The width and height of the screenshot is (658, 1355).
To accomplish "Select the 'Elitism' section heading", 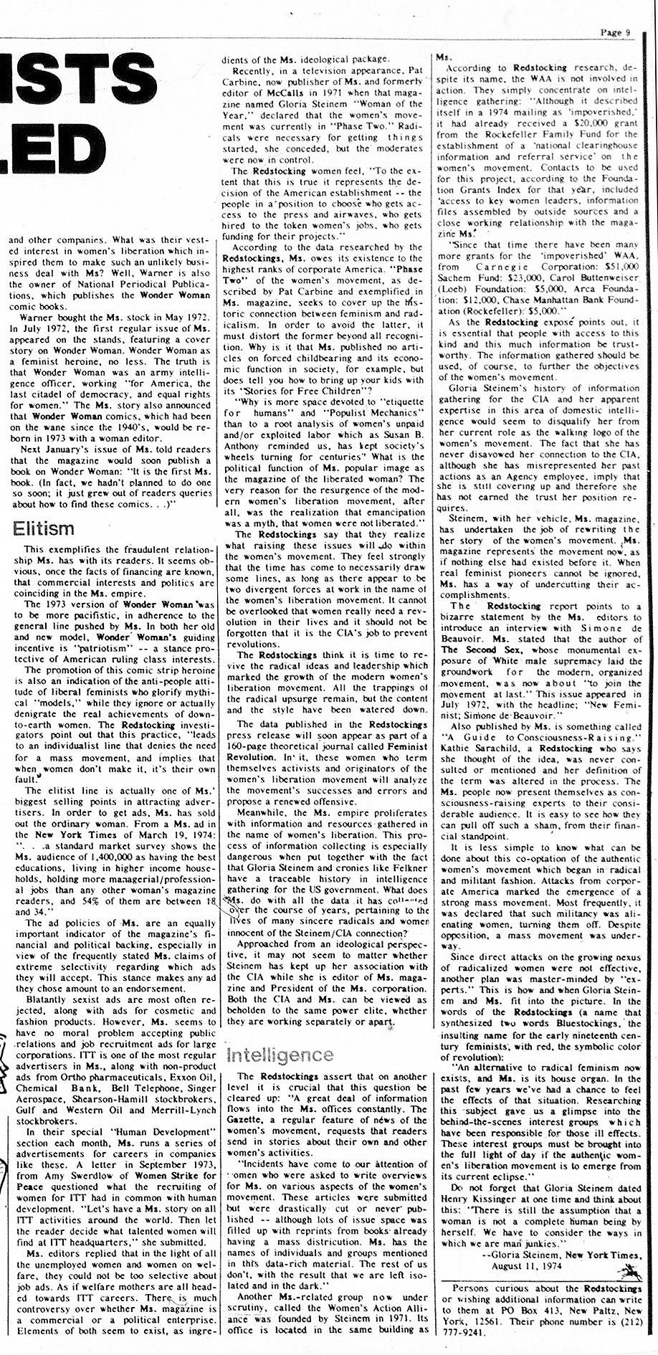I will coord(44,529).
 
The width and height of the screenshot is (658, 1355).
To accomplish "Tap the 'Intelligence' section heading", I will coord(279,1054).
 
